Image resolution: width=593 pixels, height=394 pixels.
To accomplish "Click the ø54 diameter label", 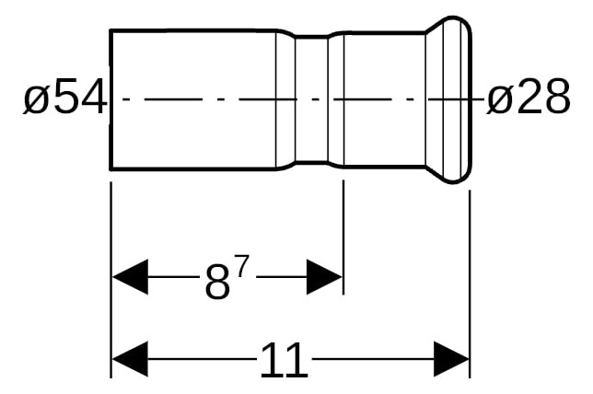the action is tap(65, 97).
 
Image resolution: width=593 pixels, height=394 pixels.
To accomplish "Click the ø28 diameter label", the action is tap(528, 97).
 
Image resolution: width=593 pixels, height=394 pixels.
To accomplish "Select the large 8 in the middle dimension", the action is tap(217, 282).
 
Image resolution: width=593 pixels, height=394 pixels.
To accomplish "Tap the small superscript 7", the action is tap(242, 267).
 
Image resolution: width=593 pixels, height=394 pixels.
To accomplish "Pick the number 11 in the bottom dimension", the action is tap(284, 361).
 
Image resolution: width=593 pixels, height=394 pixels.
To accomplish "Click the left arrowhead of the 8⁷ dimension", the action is tap(130, 277).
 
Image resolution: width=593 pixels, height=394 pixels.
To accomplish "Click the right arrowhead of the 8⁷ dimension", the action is tap(324, 277).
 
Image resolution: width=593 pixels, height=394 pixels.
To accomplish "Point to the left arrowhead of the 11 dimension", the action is tap(130, 359).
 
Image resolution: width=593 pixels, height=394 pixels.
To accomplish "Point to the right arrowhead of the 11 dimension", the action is tap(451, 359).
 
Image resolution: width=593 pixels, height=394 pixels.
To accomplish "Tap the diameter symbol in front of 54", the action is tap(36, 99).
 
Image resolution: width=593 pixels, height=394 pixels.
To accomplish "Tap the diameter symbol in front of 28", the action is tap(499, 99).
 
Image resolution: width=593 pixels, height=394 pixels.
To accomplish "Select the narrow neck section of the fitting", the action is tap(311, 99).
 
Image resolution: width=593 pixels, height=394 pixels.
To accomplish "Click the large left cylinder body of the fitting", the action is tap(193, 99).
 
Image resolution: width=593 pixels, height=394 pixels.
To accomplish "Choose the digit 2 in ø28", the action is tap(529, 97).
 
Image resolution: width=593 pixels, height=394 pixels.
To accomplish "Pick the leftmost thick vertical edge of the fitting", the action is tap(110, 99).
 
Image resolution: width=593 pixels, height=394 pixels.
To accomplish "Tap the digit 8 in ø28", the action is tap(557, 97).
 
